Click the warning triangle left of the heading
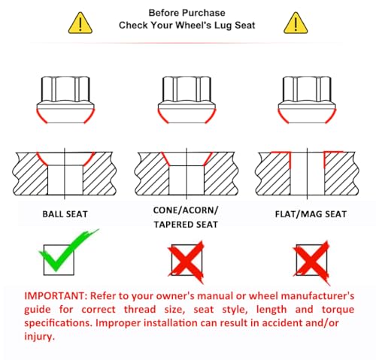(80, 23)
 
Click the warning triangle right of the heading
(296, 23)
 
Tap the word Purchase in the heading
(204, 13)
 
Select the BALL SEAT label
(65, 214)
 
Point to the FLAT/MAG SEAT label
(311, 214)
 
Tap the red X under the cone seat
(186, 262)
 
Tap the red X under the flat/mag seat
(311, 262)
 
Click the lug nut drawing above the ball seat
(65, 100)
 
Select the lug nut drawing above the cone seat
(186, 100)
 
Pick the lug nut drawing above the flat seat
(307, 100)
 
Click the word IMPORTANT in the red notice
(56, 296)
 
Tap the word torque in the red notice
(338, 310)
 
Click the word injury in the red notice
(39, 337)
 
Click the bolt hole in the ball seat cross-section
(65, 180)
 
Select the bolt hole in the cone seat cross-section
(186, 180)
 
